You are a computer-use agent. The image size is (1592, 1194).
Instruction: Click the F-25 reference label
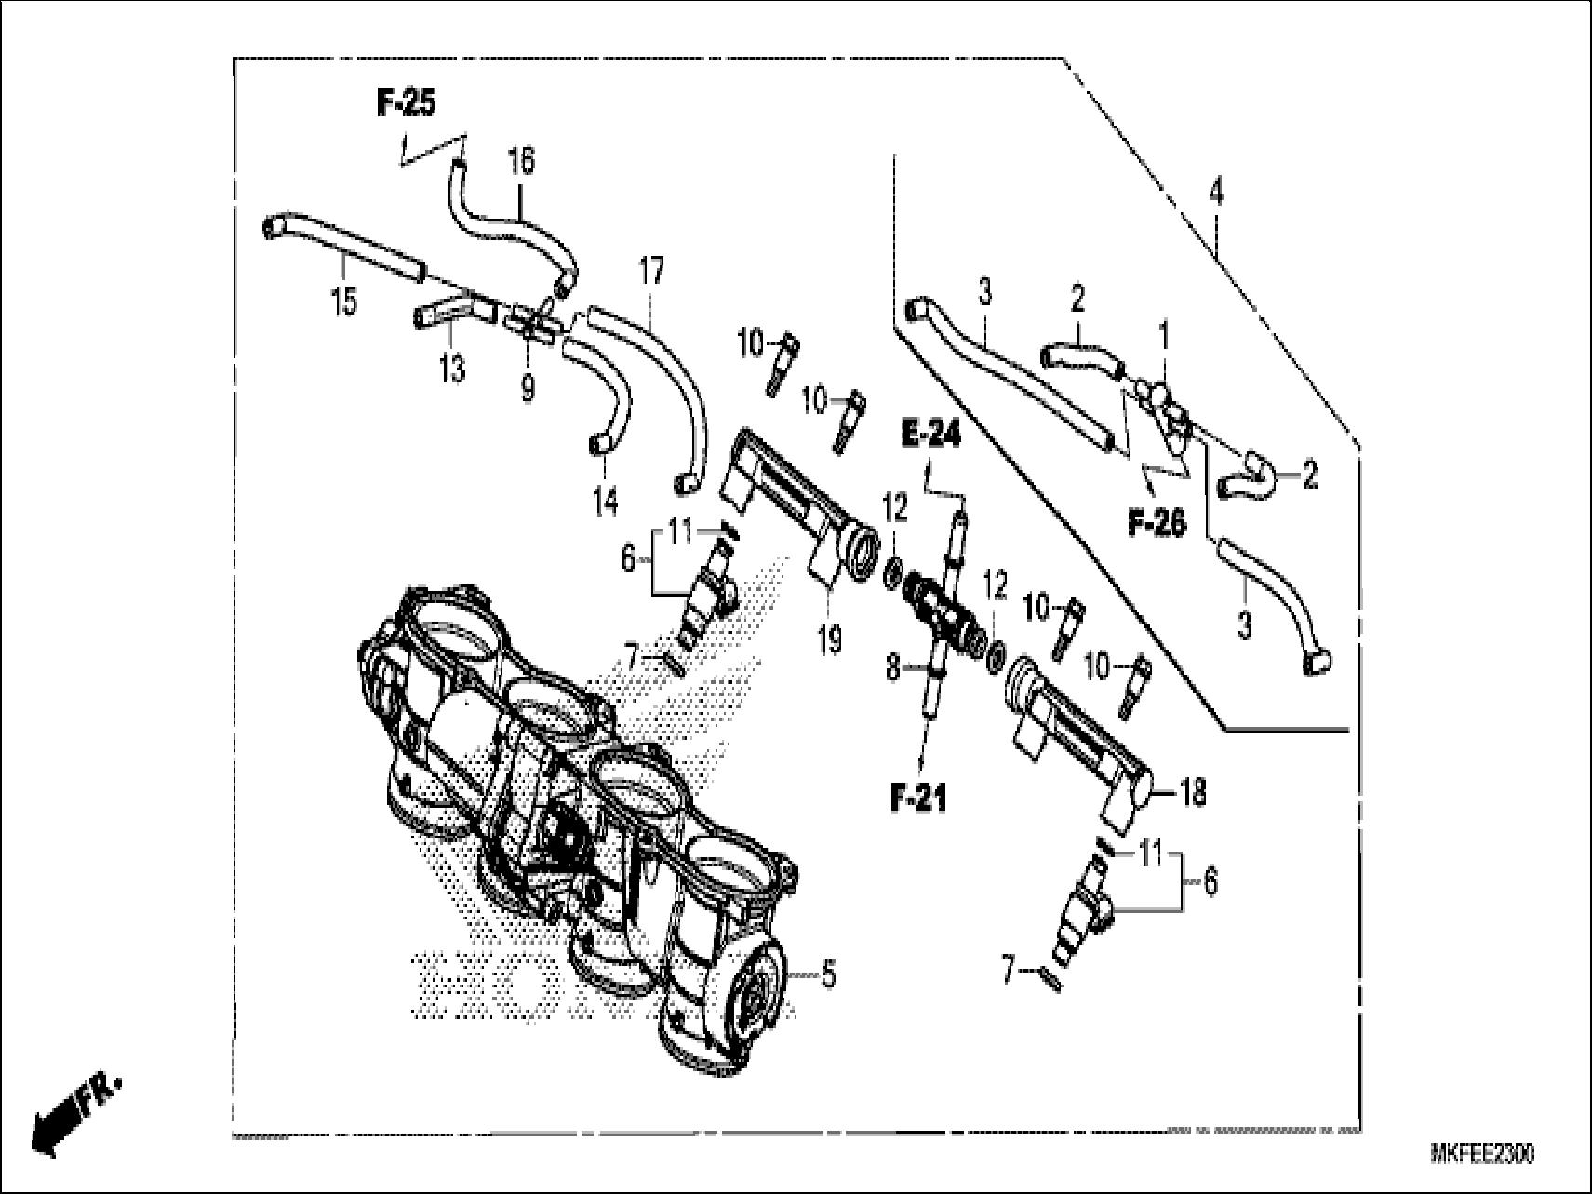click(406, 104)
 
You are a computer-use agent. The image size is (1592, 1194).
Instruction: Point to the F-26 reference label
click(1157, 524)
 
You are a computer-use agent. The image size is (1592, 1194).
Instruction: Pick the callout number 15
click(344, 301)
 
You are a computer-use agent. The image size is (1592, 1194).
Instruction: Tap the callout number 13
click(451, 371)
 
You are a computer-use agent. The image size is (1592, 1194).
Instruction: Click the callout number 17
click(651, 272)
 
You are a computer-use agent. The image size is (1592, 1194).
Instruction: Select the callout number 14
click(605, 503)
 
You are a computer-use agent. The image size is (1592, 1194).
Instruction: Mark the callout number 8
click(892, 667)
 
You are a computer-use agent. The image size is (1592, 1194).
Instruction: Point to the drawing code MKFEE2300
click(1482, 1155)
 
